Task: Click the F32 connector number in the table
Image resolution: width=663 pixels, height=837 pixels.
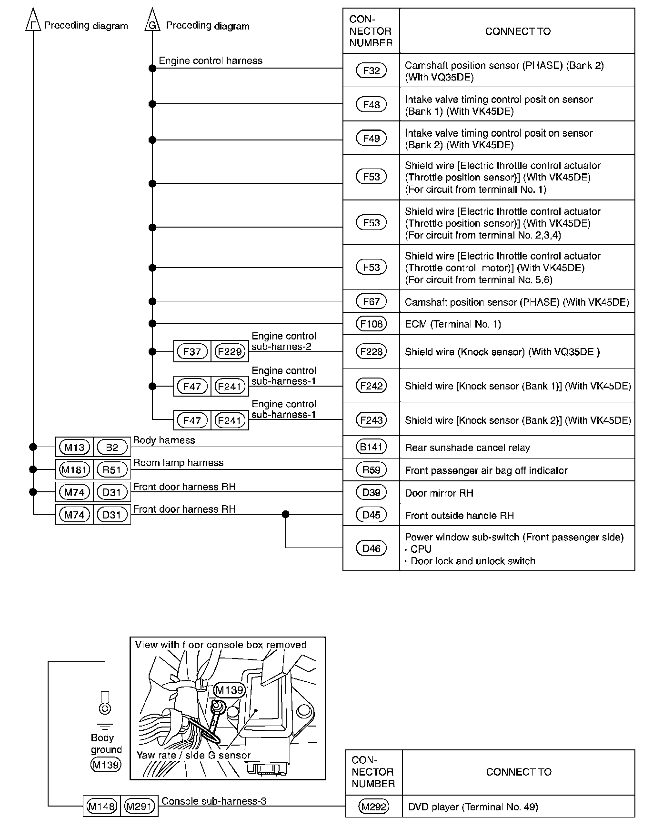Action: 371,70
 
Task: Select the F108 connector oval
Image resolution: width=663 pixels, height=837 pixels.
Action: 371,324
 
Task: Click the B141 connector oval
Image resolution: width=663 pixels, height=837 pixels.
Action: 371,447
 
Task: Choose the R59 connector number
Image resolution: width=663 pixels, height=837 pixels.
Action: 371,470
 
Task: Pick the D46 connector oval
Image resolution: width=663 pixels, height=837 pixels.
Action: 371,548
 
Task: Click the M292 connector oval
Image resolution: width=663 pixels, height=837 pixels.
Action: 374,807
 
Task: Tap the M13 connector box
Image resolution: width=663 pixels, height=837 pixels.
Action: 74,447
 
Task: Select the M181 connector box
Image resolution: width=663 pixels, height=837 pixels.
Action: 74,470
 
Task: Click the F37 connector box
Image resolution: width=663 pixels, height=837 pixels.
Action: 192,352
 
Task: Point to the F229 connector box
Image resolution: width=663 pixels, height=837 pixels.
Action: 230,352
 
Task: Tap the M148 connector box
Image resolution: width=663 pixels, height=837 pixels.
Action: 101,806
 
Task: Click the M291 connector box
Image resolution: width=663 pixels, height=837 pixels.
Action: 139,806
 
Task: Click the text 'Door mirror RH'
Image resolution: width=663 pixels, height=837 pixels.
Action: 439,493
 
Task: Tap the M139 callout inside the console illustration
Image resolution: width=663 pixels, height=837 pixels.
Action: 229,690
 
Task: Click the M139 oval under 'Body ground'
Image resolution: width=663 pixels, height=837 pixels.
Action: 106,765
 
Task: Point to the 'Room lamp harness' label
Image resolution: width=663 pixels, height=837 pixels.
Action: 178,463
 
